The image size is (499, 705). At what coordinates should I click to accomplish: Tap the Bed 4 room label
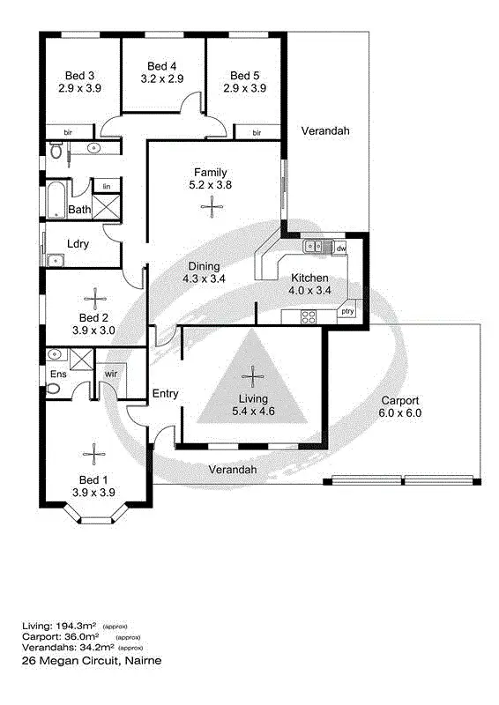coord(161,66)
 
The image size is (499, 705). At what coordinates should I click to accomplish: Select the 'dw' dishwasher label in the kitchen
coord(340,249)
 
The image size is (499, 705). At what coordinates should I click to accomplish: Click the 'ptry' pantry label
coord(347,311)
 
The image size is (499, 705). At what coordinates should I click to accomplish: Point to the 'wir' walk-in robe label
coord(112,374)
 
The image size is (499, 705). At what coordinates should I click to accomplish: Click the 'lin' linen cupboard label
coord(107,187)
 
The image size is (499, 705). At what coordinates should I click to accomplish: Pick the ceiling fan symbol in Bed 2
coord(93,300)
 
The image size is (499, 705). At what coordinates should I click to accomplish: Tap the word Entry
coord(166,393)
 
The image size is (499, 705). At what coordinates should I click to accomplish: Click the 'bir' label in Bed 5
coord(257,133)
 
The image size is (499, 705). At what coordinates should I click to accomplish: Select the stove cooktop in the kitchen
coord(309,316)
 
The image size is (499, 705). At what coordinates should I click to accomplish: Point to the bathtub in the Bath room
coord(54,200)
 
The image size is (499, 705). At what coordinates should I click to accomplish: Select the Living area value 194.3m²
coord(78,626)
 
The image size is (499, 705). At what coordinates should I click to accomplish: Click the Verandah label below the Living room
coord(233,470)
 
